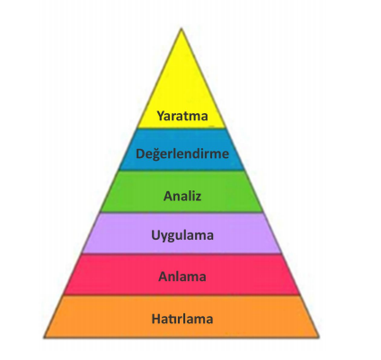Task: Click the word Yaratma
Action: point(182,116)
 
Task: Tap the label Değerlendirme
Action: point(182,154)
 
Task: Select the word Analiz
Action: point(182,196)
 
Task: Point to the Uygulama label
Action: point(182,235)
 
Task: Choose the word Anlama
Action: point(182,277)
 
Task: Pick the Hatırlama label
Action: point(182,319)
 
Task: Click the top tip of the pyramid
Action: point(182,28)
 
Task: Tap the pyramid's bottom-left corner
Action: point(44,338)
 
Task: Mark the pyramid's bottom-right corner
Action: point(319,338)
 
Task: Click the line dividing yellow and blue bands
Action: point(182,128)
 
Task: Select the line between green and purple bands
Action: point(182,213)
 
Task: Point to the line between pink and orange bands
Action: point(182,295)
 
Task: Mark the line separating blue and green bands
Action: point(182,171)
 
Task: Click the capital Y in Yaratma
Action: point(161,116)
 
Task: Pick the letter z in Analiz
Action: point(198,198)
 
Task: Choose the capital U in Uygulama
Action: point(155,234)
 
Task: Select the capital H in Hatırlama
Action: point(156,319)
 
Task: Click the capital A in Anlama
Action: point(164,277)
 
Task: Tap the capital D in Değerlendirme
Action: point(140,154)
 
